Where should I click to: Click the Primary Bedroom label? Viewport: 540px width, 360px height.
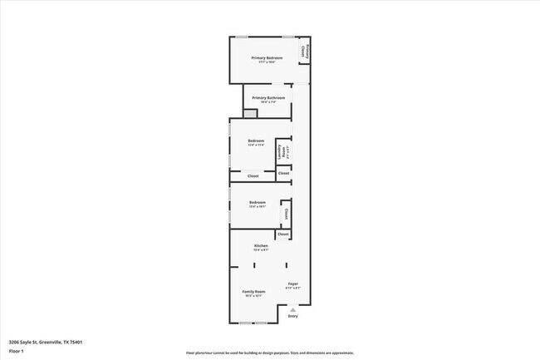pyautogui.click(x=267, y=57)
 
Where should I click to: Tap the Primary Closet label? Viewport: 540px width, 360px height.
pyautogui.click(x=304, y=52)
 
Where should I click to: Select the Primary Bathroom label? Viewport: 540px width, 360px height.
pyautogui.click(x=269, y=98)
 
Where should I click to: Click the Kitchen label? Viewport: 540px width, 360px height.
pyautogui.click(x=261, y=246)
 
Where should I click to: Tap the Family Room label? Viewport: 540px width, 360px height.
pyautogui.click(x=253, y=292)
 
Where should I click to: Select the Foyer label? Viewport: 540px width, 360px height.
pyautogui.click(x=292, y=284)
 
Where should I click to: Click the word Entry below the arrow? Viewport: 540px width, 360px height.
pyautogui.click(x=292, y=316)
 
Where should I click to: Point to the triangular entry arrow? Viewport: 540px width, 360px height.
pyautogui.click(x=292, y=308)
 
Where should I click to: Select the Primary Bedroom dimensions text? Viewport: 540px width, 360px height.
pyautogui.click(x=267, y=62)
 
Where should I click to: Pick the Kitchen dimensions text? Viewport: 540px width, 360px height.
pyautogui.click(x=261, y=251)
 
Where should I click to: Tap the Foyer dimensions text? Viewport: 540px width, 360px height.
pyautogui.click(x=292, y=288)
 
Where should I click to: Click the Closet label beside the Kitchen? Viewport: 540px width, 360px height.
pyautogui.click(x=283, y=234)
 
